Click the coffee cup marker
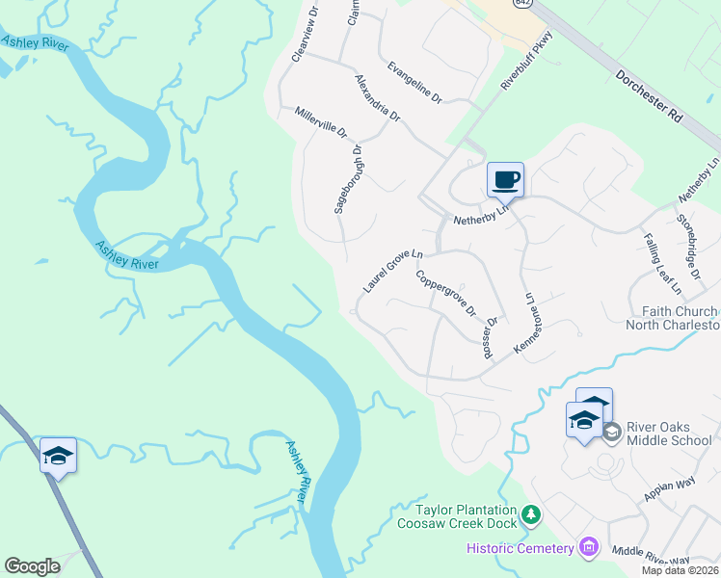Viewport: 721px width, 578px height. [x=505, y=179]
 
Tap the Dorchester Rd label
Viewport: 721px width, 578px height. [x=648, y=93]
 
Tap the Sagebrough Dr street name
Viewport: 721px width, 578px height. [x=348, y=179]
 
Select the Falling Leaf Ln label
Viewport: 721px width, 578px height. [x=662, y=264]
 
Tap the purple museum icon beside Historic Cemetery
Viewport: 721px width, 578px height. [x=588, y=548]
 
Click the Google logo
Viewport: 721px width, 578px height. [x=32, y=565]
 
